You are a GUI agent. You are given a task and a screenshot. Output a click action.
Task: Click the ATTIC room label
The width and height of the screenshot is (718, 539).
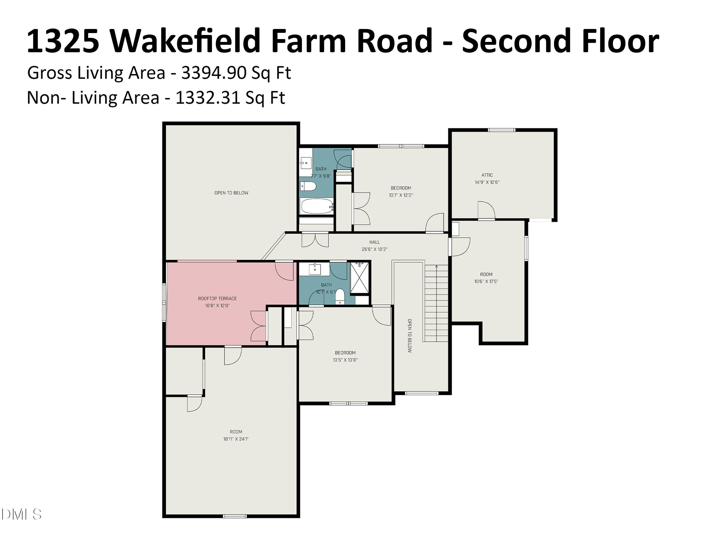click(487, 175)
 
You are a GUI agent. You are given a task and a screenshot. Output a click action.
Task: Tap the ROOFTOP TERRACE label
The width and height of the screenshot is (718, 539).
click(217, 298)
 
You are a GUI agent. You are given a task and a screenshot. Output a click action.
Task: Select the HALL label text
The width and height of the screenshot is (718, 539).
click(374, 242)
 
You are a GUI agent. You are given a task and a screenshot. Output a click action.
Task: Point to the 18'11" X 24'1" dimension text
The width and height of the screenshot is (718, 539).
click(236, 439)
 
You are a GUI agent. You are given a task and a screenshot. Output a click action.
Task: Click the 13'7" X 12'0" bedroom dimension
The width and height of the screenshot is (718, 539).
click(401, 195)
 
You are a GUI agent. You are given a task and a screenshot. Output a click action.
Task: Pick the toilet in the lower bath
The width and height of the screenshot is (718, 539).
click(340, 296)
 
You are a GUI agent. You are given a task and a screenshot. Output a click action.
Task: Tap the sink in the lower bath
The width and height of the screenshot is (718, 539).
click(314, 269)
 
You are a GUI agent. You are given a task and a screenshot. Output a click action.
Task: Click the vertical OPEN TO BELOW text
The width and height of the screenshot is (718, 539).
click(410, 336)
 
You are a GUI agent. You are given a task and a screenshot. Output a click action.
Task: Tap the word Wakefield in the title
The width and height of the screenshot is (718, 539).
click(185, 41)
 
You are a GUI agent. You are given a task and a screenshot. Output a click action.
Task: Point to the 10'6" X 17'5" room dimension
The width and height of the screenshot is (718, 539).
click(486, 282)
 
